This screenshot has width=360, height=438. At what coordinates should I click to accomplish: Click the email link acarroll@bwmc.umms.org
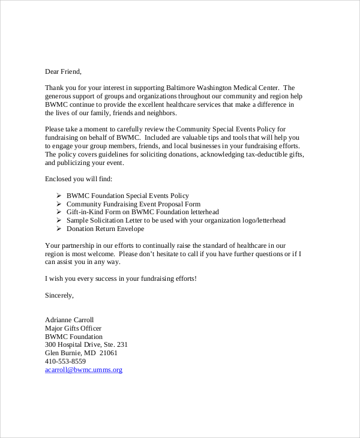coord(83,370)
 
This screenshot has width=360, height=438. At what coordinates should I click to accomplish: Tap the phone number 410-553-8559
coord(65,362)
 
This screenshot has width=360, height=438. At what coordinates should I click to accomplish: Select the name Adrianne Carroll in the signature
coord(70,320)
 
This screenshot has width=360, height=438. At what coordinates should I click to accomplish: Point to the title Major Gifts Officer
coord(73,328)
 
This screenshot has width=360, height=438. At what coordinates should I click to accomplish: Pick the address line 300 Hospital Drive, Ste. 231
coord(86,345)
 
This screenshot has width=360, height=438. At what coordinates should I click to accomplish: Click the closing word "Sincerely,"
coord(59,295)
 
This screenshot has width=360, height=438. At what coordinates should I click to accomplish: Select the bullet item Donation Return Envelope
coord(106,229)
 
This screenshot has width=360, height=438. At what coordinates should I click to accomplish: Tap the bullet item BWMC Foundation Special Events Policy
coord(128,196)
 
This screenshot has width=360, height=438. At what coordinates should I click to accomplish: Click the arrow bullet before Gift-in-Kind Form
coord(59,212)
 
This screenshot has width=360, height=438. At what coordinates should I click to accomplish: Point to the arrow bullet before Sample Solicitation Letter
coord(59,221)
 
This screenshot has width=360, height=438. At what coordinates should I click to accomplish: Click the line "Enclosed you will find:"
coord(79,179)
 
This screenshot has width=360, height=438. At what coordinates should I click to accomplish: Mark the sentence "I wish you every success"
coord(121,278)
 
